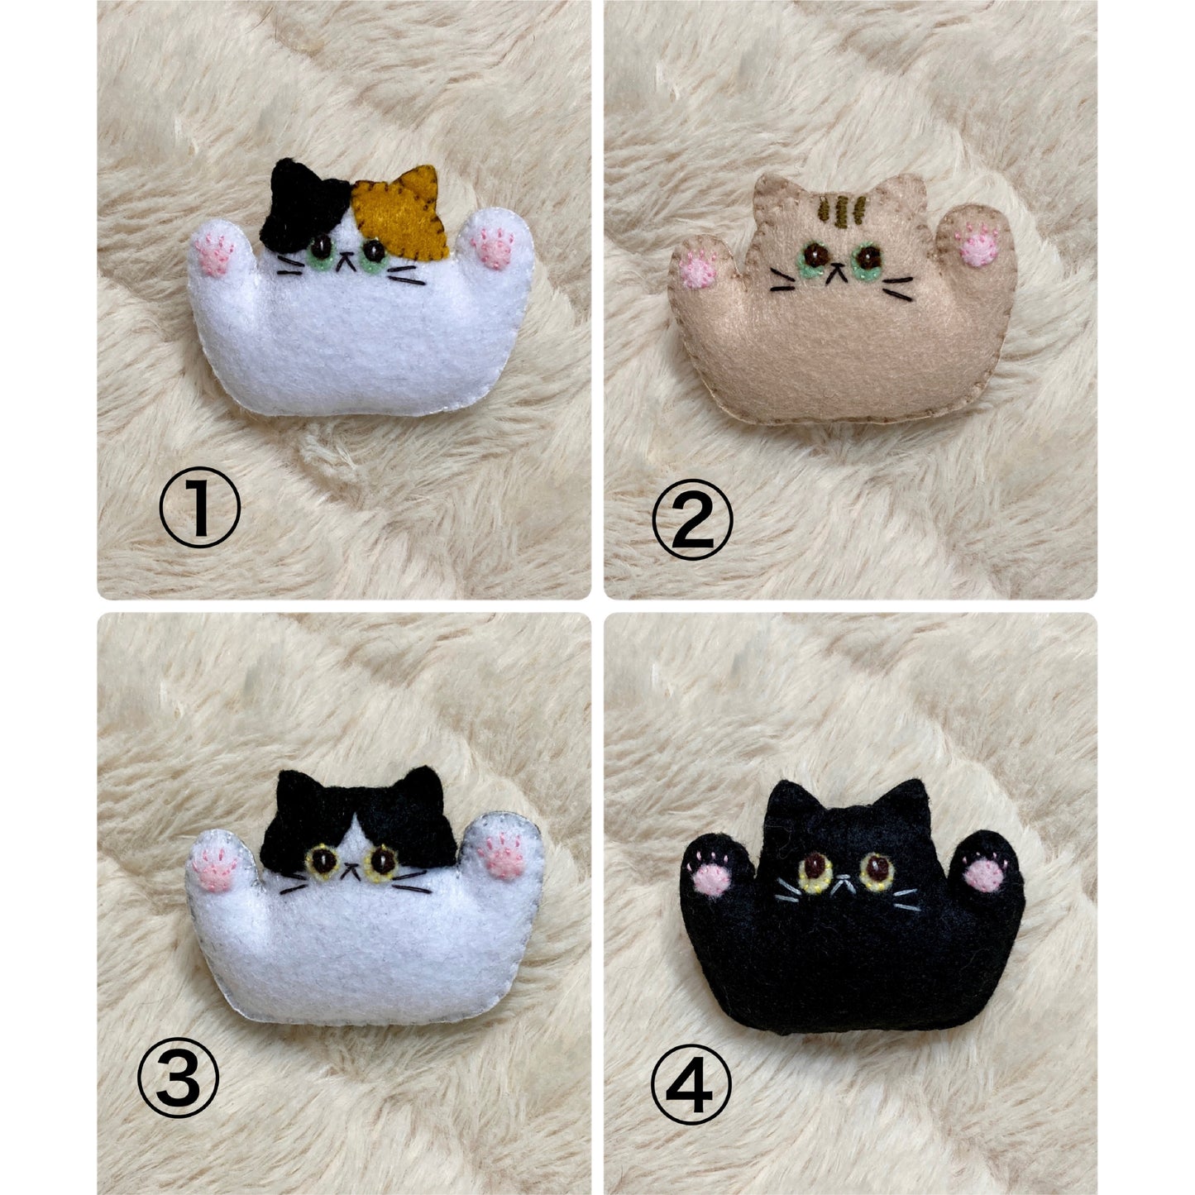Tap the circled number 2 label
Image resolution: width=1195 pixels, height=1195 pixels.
click(x=693, y=519)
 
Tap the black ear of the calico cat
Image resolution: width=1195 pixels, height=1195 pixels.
click(x=304, y=204)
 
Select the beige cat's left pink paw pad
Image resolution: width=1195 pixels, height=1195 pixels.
click(x=697, y=270)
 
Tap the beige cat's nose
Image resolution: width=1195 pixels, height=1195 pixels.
click(x=837, y=268)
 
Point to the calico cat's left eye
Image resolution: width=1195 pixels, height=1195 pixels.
click(x=321, y=250)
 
